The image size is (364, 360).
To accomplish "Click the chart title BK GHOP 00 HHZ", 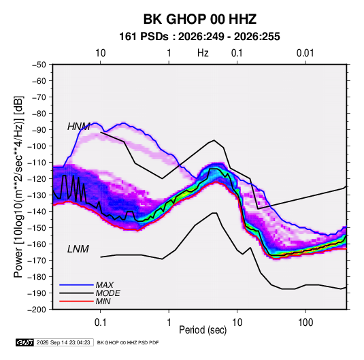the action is coord(200,19).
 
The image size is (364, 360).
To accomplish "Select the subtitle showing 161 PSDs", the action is coord(199,37).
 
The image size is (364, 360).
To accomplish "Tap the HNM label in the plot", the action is coord(79,127).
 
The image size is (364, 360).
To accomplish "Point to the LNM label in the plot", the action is coord(78,249).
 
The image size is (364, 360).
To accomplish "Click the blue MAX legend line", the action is coord(76,284).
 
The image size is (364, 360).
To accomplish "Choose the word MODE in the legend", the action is coord(108,293).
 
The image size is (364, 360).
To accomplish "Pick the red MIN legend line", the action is coord(76,301).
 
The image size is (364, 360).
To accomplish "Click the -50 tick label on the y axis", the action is coord(39,65).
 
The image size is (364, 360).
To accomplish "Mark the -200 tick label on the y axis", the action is coord(37,310).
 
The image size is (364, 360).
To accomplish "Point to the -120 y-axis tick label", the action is coord(37,179).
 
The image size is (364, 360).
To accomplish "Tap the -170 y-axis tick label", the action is coord(37,261).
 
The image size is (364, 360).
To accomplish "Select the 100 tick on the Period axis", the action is coord(305,323).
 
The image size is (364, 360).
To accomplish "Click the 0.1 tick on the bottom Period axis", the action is coord(100,323).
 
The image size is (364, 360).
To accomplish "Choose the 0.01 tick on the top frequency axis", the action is coord(305,53).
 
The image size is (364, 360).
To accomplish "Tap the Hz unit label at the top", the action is coord(203,53).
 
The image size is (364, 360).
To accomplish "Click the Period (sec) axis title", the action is coord(203,330).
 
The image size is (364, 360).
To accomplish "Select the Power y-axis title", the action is coord(18,187).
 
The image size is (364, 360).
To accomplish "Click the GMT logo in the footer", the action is coord(24,342).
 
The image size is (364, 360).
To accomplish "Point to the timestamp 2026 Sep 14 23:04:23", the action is coord(63,342).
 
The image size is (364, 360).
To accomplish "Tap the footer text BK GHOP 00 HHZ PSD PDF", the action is coord(128,342).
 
